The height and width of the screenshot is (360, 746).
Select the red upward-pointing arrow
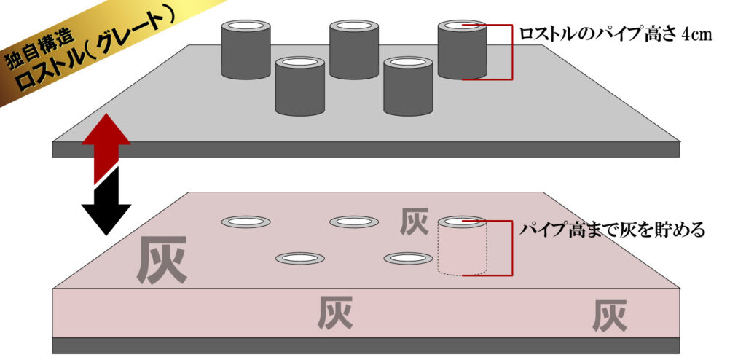pyautogui.click(x=106, y=149)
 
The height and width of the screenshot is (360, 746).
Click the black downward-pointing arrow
pyautogui.click(x=106, y=208)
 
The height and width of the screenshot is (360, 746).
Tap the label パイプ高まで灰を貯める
pyautogui.click(x=612, y=230)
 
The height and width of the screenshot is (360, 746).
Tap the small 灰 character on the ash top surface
pyautogui.click(x=414, y=222)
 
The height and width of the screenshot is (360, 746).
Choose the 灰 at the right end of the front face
pyautogui.click(x=609, y=315)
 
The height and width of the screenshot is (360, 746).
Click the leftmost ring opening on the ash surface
pyautogui.click(x=246, y=222)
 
